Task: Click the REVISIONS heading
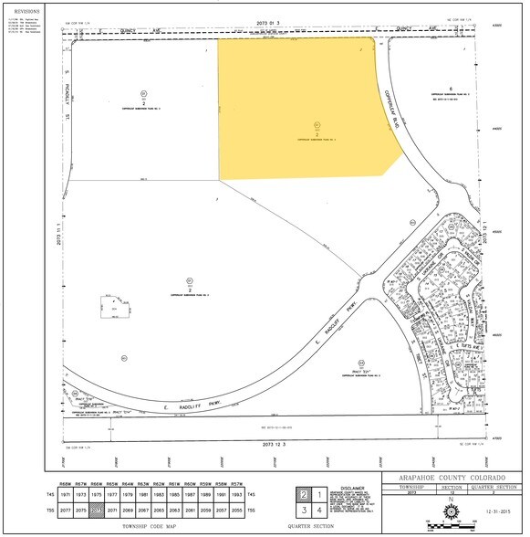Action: (x=27, y=11)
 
